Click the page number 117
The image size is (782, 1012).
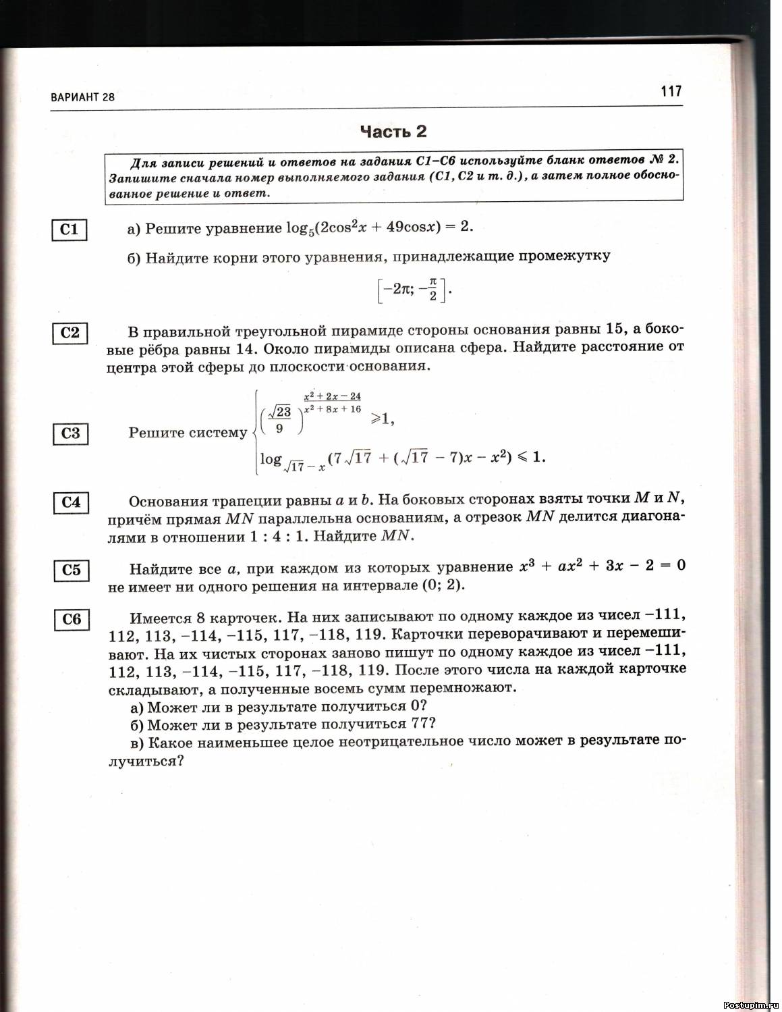(x=671, y=91)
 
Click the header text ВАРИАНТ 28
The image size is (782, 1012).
(x=83, y=97)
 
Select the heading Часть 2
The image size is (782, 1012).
(x=393, y=131)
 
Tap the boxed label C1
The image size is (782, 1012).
(x=69, y=230)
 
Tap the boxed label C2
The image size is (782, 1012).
(x=69, y=333)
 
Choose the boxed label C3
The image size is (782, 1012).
(x=70, y=433)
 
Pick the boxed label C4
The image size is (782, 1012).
(x=70, y=502)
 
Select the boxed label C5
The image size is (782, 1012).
(x=71, y=570)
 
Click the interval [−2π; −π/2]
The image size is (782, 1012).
(x=412, y=290)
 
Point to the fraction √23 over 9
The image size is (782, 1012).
(x=279, y=419)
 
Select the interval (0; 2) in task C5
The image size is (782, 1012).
(x=443, y=585)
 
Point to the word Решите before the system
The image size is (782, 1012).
(x=155, y=433)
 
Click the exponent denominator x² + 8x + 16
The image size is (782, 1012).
(x=333, y=408)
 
